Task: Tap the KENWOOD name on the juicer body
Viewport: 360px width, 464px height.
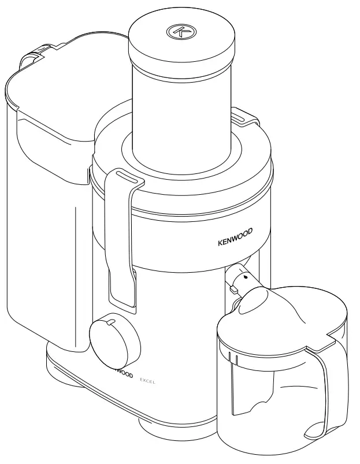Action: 235,239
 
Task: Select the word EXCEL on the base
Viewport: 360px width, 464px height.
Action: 149,380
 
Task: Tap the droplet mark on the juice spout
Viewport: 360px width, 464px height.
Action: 245,277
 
